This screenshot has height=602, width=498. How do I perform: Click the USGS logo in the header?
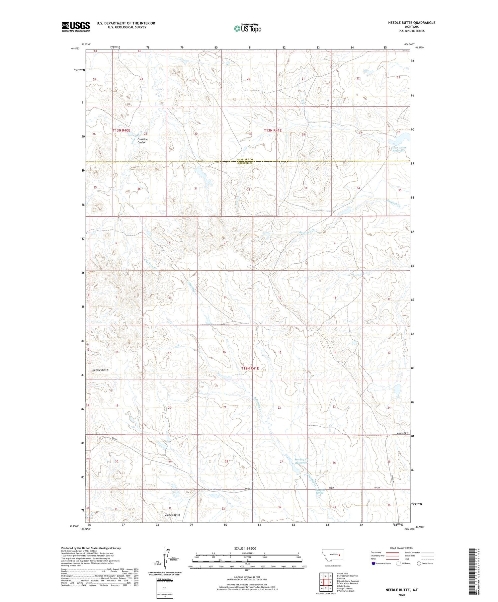(76, 27)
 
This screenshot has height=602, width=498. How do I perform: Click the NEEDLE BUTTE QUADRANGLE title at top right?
(412, 23)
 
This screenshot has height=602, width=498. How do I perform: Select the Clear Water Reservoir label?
(398, 149)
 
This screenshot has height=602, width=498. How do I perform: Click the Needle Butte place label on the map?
(100, 370)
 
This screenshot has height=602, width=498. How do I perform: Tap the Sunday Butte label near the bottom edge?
(172, 515)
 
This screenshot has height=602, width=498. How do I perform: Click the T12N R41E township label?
(250, 368)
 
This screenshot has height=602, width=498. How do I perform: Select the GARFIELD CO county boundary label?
(245, 160)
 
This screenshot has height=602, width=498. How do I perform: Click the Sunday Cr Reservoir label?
(301, 461)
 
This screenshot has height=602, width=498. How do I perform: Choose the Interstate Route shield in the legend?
(373, 563)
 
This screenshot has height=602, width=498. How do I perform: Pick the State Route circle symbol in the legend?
(419, 563)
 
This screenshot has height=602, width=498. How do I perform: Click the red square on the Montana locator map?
(340, 554)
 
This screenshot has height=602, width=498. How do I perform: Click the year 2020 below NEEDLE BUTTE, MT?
(401, 595)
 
